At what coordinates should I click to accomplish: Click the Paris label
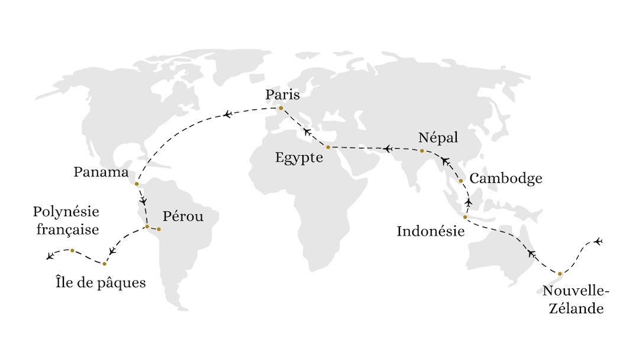pos(282,95)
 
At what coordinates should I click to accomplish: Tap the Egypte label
pos(299,158)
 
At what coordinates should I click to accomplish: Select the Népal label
pos(438,138)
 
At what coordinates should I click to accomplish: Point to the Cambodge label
pos(505,179)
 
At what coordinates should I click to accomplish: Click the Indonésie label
pos(430,231)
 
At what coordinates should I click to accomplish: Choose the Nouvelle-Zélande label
pos(575,300)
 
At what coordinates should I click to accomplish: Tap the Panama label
pos(101,172)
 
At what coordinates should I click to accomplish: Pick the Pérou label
pos(183,217)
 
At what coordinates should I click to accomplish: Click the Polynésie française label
pos(66,220)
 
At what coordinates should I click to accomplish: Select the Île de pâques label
pos(100,282)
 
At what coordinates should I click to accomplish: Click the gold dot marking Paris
pos(281,108)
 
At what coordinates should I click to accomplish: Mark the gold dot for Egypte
pos(328,147)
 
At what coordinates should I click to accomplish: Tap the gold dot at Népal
pos(422,151)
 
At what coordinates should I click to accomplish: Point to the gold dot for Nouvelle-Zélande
pos(560,274)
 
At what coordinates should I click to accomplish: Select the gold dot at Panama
pos(137,184)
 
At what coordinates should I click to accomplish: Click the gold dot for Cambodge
pos(460,181)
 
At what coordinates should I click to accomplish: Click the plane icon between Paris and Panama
pos(227,114)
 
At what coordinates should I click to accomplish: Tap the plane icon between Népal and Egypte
pos(387,149)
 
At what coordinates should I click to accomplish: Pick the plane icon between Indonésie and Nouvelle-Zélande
pos(531,253)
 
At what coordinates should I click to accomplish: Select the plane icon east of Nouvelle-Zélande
pos(598,241)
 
